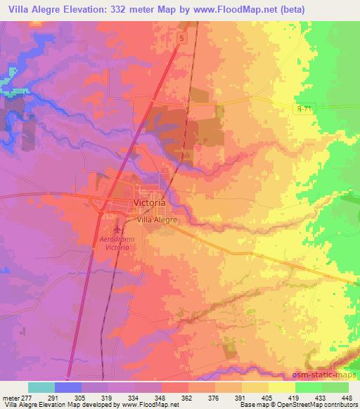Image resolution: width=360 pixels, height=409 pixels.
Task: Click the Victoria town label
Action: pos(149,202)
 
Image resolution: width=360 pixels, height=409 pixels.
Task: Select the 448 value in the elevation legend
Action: pos(347,397)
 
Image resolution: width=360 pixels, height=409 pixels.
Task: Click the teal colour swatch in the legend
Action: pos(41,387)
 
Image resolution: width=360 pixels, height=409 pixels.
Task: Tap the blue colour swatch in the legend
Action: pos(68,387)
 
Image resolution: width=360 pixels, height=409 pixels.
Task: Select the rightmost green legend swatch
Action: pos(335,387)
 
